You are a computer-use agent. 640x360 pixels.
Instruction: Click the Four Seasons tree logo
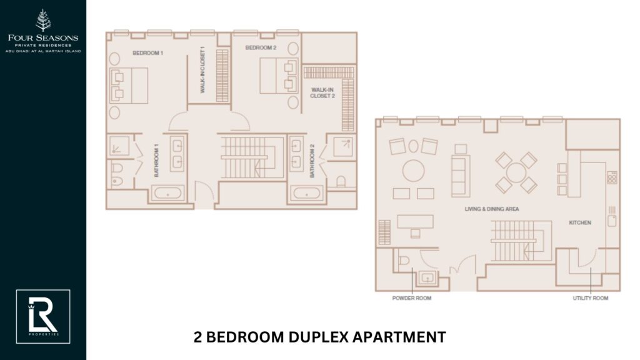tap(43, 20)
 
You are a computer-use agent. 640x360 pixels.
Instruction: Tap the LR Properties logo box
tap(43, 316)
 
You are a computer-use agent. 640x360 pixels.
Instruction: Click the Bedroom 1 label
tap(147, 53)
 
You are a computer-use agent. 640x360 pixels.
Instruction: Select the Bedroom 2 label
tap(261, 48)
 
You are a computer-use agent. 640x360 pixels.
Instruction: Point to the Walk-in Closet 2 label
tap(323, 93)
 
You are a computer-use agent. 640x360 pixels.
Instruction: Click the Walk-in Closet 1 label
tap(202, 70)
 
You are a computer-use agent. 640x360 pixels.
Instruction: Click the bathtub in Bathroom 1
tap(167, 193)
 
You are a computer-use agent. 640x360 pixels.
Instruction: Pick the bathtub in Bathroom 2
tap(306, 194)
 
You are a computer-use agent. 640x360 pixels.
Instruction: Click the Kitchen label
tap(580, 222)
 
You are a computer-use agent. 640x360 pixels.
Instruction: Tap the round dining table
tap(516, 172)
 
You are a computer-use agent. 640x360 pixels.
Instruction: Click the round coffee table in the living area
tap(413, 170)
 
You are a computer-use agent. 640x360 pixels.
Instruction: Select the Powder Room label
tap(411, 298)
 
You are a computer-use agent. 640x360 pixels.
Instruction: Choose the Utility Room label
tap(591, 298)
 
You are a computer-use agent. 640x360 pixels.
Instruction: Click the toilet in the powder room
tap(403, 259)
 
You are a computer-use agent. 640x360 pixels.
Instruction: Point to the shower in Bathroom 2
tap(342, 147)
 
